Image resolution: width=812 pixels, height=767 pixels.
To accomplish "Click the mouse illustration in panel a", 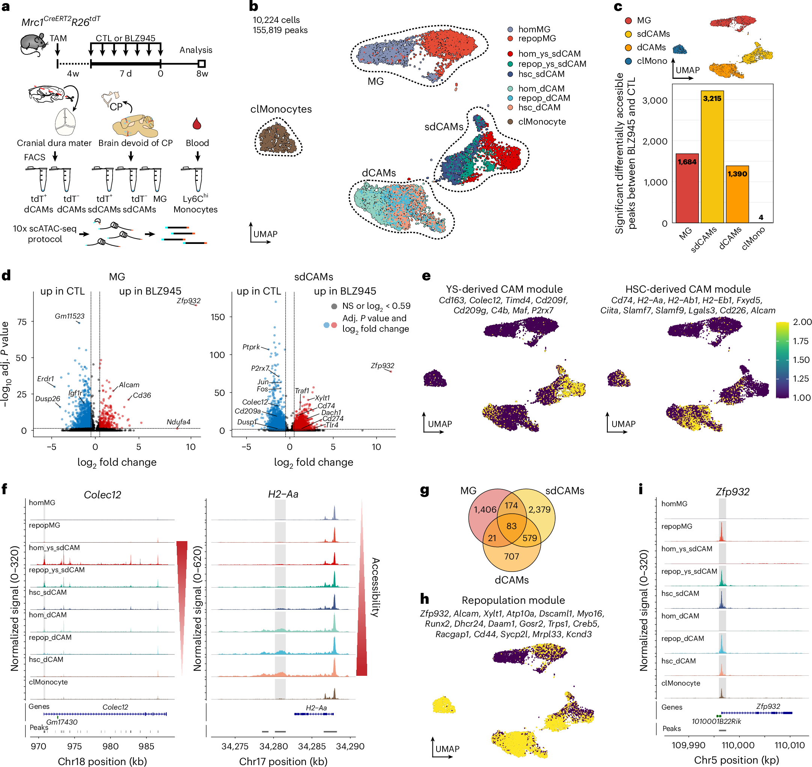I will pos(33,44).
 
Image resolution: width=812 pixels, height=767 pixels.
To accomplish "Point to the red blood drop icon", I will pos(197,123).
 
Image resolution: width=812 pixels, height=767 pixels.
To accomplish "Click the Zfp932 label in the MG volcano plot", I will pos(188,301).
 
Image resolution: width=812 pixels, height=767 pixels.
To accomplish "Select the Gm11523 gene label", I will pos(69,316).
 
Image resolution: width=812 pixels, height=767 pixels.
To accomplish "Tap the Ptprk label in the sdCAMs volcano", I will pos(251,347).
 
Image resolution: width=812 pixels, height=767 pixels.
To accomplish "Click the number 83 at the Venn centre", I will pos(511,526).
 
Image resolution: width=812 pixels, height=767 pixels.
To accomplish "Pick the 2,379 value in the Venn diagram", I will pos(539,510).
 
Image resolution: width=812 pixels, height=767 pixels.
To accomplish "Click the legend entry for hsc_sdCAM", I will pos(541,74).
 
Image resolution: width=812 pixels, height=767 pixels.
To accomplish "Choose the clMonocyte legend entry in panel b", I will pos(542,122).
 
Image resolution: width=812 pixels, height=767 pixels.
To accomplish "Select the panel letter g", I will pos(425,490).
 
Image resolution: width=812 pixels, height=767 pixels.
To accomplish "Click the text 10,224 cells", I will pos(276,20).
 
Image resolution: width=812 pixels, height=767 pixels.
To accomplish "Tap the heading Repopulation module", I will pos(513,600).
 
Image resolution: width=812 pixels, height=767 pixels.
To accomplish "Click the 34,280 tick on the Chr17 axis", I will pos(273,746).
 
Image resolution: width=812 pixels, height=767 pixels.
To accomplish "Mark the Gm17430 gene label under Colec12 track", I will pos(62,722).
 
